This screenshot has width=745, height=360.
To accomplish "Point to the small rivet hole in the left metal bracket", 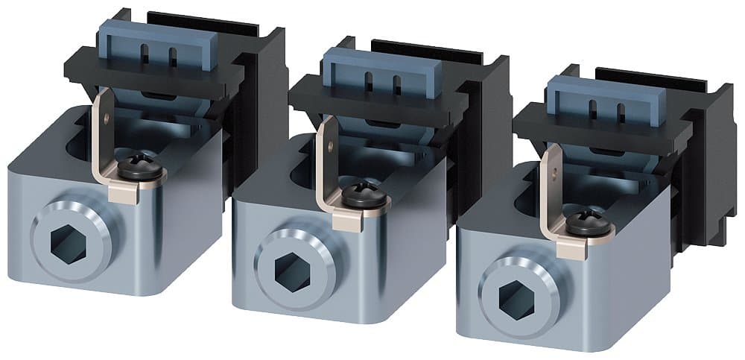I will (107, 116).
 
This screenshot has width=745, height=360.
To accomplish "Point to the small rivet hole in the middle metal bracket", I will (329, 147).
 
